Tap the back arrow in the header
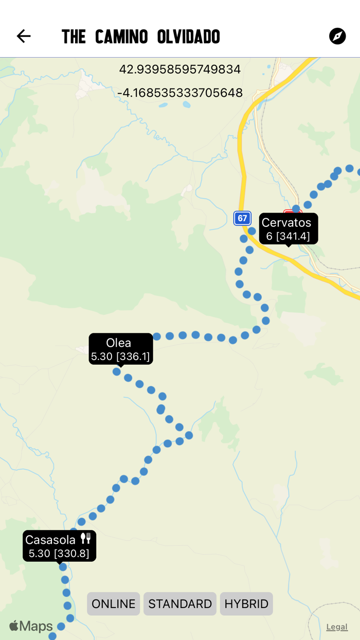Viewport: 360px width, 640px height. point(24,36)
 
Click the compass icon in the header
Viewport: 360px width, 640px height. point(337,36)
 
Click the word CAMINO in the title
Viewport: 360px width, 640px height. point(121,37)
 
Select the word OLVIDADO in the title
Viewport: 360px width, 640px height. point(189,37)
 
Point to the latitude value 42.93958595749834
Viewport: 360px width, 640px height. point(180,69)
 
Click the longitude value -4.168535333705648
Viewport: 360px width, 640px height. point(180,93)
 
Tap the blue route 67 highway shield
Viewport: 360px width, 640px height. point(242,218)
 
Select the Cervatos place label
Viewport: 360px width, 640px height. point(286,223)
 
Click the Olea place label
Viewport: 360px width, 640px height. point(119,343)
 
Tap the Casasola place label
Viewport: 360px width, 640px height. point(50,540)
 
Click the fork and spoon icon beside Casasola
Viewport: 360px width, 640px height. point(86,539)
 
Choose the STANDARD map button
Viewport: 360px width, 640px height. point(180,603)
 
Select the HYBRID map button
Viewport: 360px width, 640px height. point(246,603)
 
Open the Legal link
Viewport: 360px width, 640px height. point(337,627)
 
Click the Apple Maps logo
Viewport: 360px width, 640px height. point(31,626)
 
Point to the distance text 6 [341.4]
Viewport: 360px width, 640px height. point(288,236)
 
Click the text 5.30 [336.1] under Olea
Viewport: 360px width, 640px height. point(120,356)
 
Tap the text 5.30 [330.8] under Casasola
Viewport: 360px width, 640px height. point(59,554)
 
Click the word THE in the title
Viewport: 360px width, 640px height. point(74,37)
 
